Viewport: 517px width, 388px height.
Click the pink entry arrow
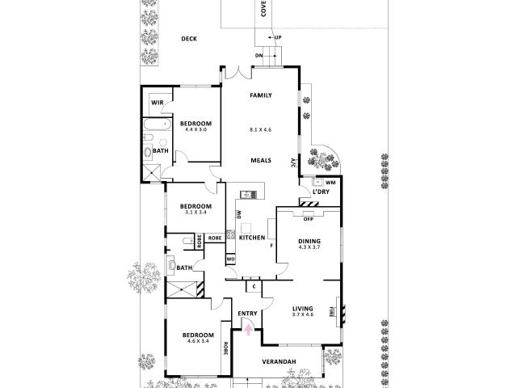(249, 330)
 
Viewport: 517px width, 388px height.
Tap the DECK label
(189, 39)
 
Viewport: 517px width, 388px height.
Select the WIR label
(158, 103)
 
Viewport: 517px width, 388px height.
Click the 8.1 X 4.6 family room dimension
(260, 130)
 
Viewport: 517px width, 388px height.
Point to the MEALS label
(261, 160)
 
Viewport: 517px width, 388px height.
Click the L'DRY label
(321, 192)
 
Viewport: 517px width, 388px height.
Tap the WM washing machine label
(330, 183)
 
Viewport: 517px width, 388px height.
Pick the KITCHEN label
(252, 238)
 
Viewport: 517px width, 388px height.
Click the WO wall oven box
(230, 259)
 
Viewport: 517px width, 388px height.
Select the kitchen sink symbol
(248, 195)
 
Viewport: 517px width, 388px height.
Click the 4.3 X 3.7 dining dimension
(309, 247)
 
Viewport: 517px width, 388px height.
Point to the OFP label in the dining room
(309, 219)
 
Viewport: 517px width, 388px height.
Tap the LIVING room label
(303, 309)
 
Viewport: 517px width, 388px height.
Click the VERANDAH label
(279, 361)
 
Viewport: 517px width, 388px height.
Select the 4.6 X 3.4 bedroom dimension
(198, 341)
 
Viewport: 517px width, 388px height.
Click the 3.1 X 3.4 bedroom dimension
(195, 213)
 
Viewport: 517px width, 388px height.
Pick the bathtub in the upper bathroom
(158, 124)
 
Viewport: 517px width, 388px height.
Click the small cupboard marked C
(254, 286)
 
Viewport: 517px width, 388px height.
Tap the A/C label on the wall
(292, 162)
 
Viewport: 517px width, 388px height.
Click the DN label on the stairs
(258, 56)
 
